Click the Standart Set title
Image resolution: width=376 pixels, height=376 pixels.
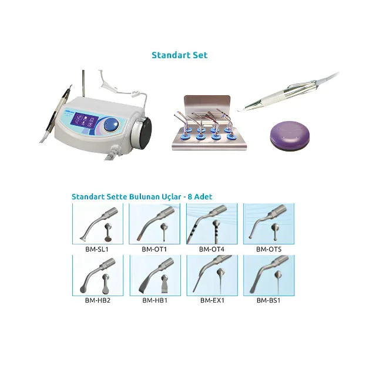tap(180, 55)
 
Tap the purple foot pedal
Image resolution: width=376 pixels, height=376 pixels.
tap(290, 136)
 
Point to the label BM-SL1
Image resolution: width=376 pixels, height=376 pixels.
tap(97, 249)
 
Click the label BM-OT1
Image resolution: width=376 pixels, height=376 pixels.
tap(154, 249)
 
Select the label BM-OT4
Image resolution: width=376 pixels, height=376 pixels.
tap(211, 249)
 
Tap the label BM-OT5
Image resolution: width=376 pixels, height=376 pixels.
tap(268, 249)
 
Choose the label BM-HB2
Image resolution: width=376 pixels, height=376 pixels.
tap(98, 300)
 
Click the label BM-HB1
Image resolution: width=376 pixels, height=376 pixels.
tap(155, 300)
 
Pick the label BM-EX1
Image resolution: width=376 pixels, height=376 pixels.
tap(212, 300)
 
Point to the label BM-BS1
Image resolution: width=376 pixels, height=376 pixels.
tap(268, 300)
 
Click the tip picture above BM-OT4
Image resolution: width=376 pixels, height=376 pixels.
tap(212, 224)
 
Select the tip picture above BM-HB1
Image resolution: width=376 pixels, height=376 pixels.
tap(155, 276)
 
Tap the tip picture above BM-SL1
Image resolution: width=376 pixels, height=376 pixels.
tap(98, 224)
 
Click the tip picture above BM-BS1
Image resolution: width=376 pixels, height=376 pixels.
tap(269, 276)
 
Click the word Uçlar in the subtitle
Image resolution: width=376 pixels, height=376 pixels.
tap(172, 197)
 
